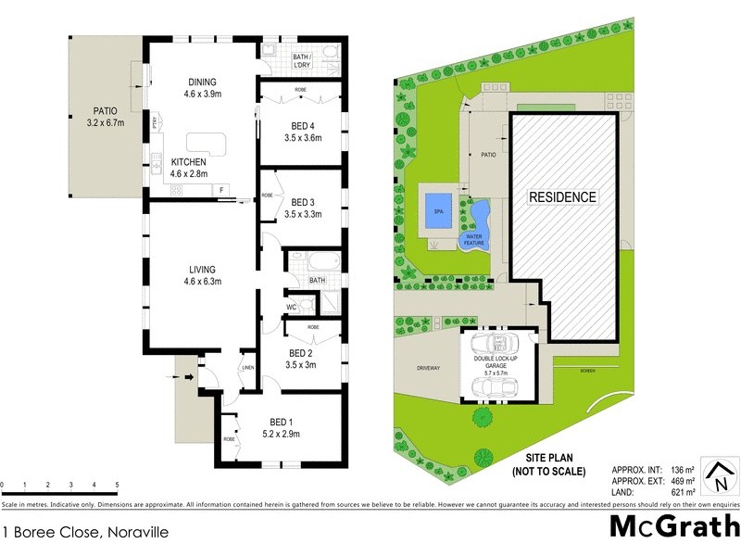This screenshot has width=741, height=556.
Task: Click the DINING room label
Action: (201, 82)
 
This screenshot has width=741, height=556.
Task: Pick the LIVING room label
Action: (201, 269)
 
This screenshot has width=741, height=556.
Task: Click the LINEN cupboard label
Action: (247, 369)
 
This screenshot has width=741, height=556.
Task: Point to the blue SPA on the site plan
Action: (436, 210)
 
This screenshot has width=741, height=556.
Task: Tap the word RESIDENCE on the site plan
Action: (562, 197)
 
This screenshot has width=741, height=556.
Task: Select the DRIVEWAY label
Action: (427, 368)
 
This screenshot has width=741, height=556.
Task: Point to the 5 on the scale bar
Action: (117, 485)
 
